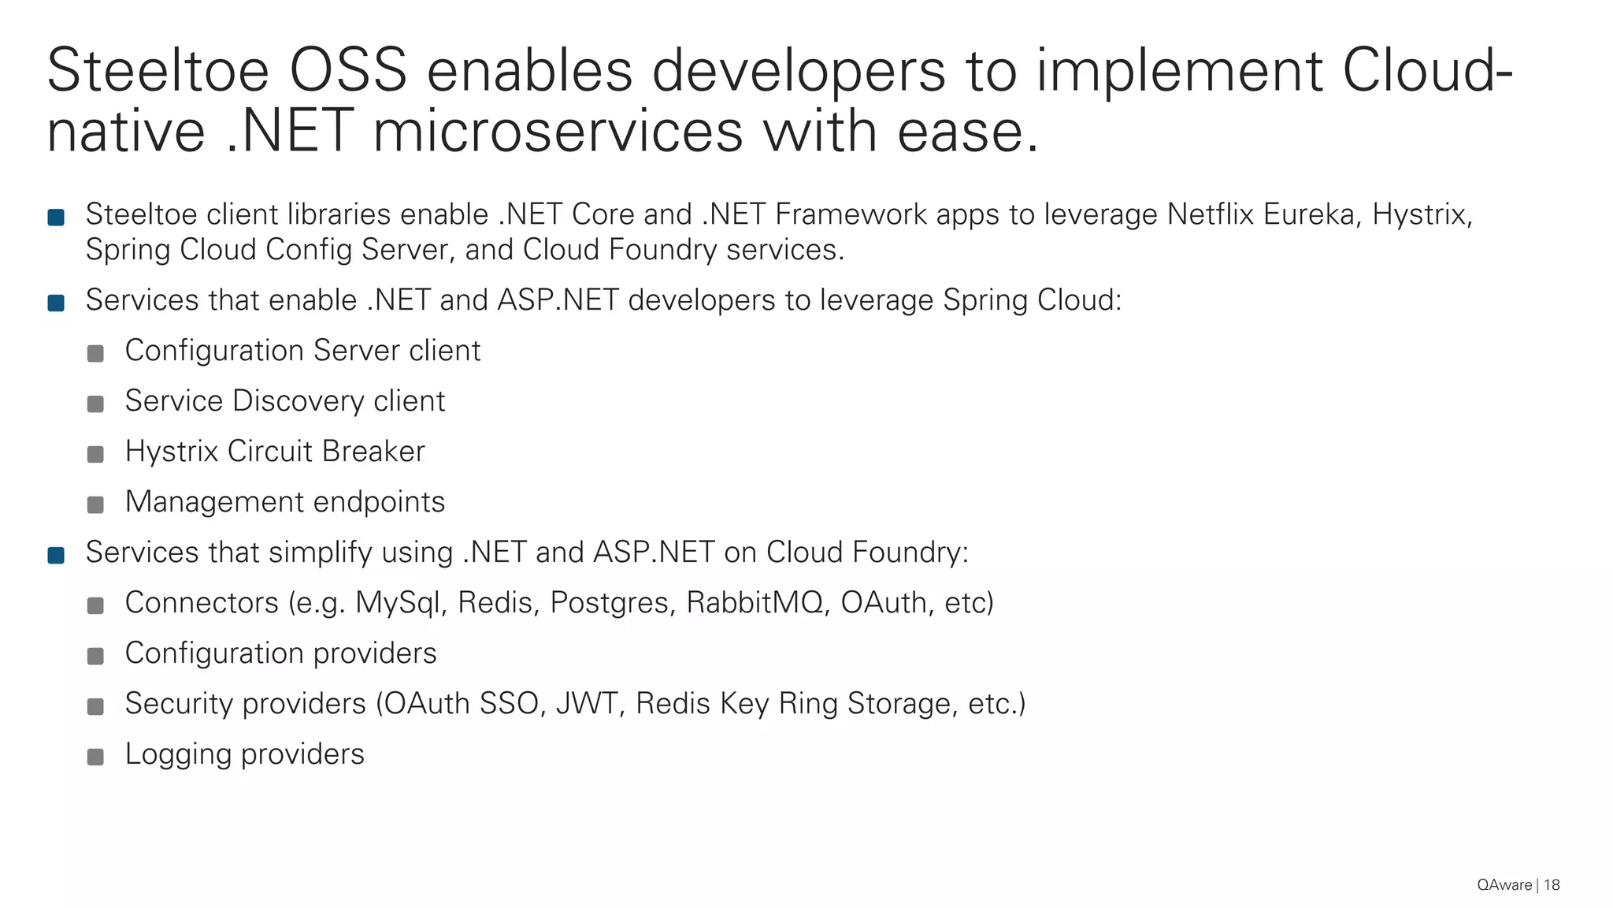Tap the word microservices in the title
pyautogui.click(x=558, y=131)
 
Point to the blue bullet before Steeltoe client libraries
pyautogui.click(x=56, y=218)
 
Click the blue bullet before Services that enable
pyautogui.click(x=56, y=303)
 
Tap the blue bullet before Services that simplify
pyautogui.click(x=56, y=556)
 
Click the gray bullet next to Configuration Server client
pyautogui.click(x=95, y=354)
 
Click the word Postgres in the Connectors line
pyautogui.click(x=612, y=603)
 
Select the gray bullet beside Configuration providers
pyautogui.click(x=95, y=657)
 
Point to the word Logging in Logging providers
pyautogui.click(x=178, y=754)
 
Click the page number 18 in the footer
pyautogui.click(x=1552, y=885)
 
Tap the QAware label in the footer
pyautogui.click(x=1504, y=885)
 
